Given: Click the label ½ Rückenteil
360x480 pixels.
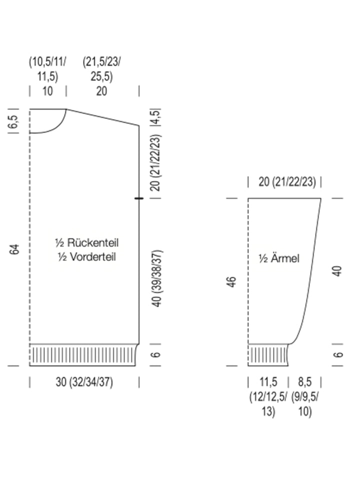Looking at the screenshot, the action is point(86,243).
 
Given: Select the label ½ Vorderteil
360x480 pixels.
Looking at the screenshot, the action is point(87,256).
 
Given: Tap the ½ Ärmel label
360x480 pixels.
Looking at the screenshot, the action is point(278,258).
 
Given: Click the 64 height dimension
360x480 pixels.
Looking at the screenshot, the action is point(14,249).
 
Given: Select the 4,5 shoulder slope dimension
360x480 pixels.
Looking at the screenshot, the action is point(155,117).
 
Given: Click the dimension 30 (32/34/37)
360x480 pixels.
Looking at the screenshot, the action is point(84,382).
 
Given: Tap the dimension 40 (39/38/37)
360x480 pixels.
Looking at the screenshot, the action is point(156,278).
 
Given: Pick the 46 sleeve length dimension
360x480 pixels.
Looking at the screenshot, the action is point(232,281).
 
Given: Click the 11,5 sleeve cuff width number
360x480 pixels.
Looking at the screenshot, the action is point(268,382).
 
